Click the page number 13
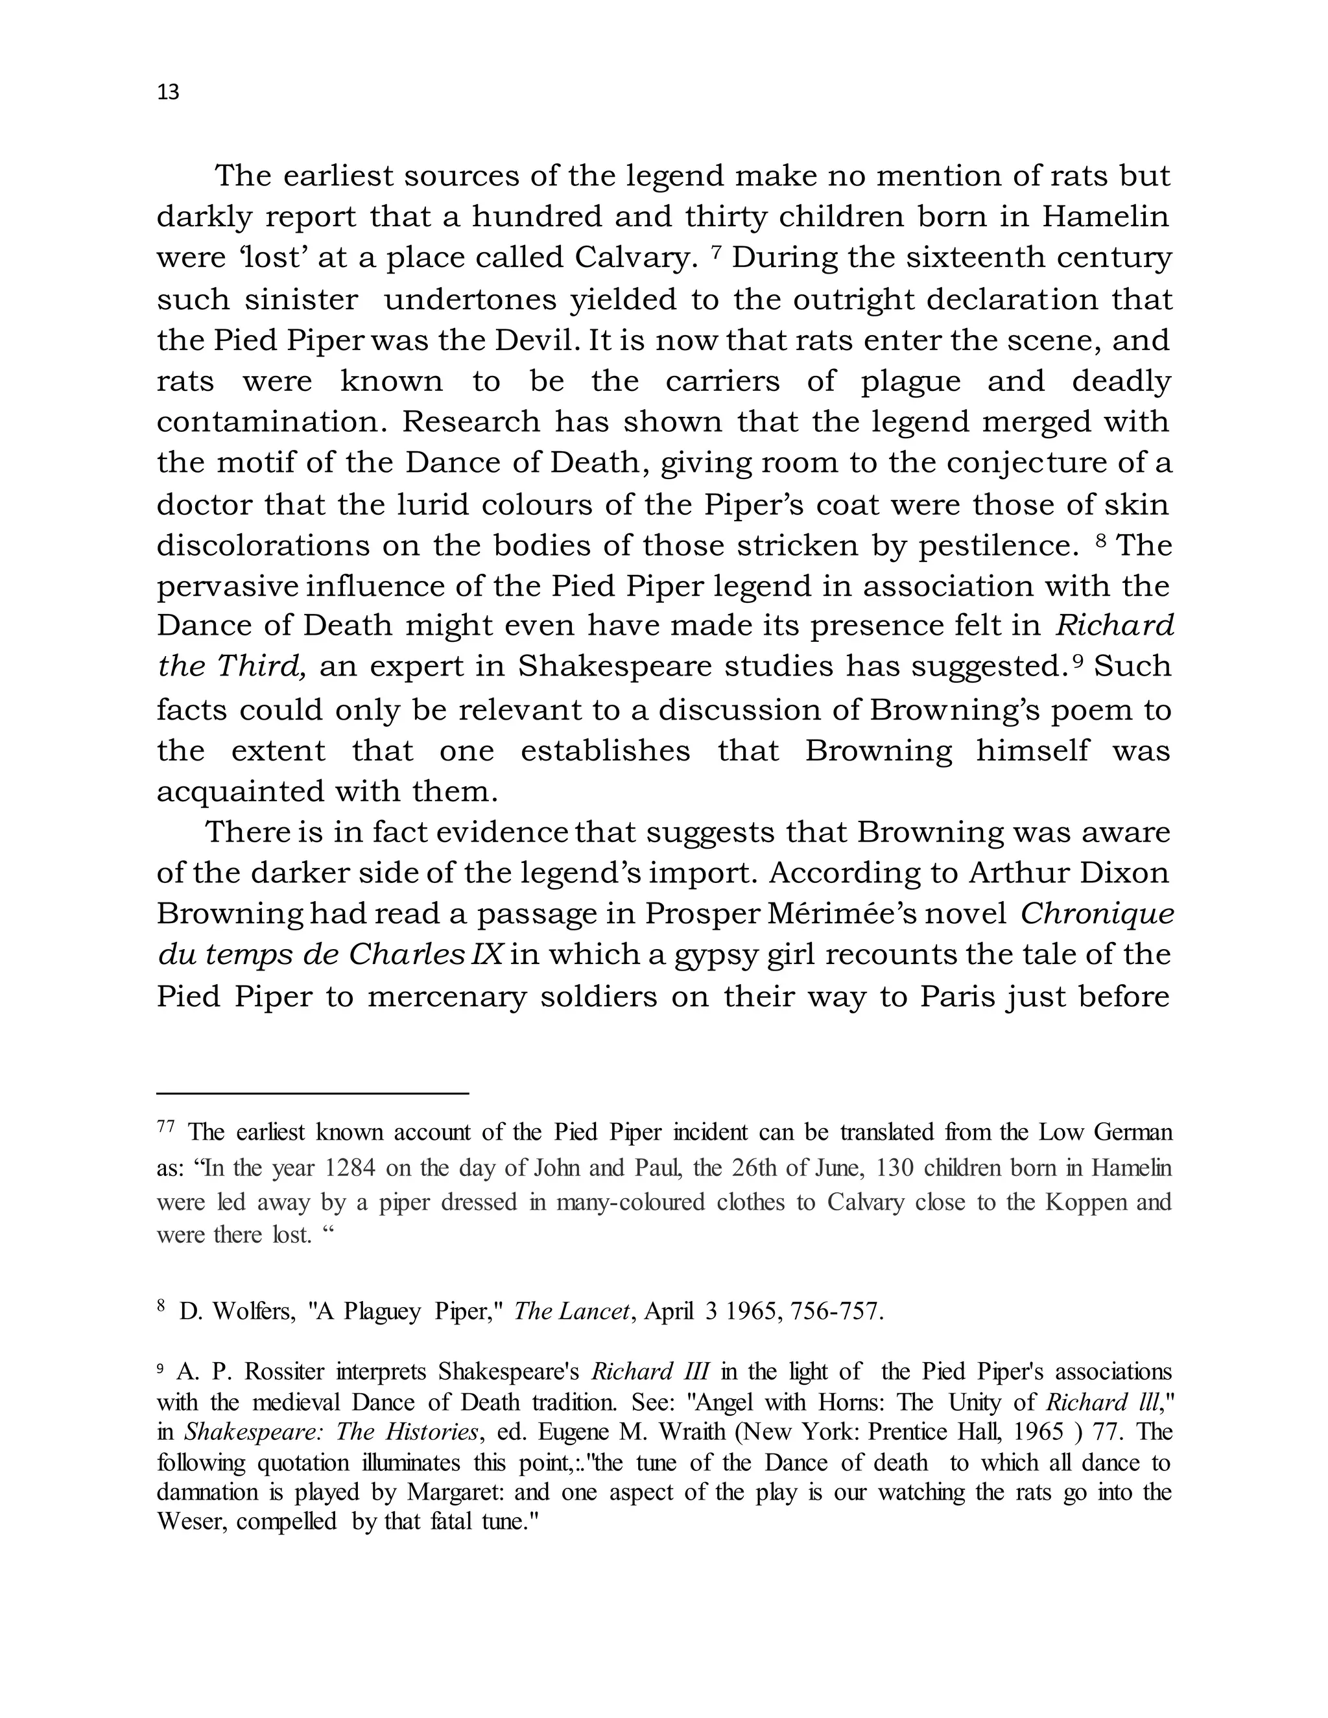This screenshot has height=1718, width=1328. (169, 93)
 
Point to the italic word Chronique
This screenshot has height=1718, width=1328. (1097, 914)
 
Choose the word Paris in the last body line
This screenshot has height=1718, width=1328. (955, 996)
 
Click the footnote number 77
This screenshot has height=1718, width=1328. (165, 1127)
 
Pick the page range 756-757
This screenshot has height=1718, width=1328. (835, 1312)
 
